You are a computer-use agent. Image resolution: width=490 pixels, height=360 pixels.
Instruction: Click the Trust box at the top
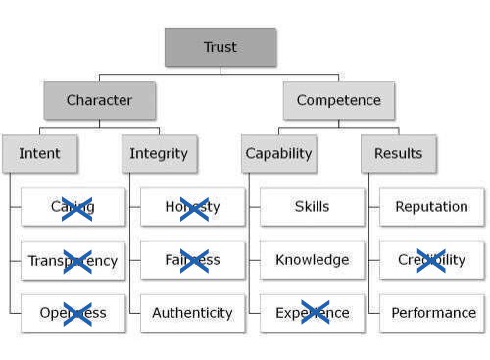coord(220,47)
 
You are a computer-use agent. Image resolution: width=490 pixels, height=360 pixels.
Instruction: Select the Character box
coord(100,100)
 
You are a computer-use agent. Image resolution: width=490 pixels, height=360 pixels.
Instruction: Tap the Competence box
coord(339,100)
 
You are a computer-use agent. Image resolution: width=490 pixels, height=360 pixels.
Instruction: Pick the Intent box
coord(39,153)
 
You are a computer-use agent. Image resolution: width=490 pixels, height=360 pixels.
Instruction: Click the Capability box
coord(279,153)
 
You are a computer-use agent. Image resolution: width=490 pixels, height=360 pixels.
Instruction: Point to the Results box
coord(398,153)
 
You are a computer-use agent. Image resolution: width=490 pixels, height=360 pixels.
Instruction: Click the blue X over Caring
coord(76,208)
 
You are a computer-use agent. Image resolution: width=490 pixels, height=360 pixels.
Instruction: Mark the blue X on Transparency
coord(76,261)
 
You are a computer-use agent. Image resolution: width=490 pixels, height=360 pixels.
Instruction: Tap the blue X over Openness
coord(76,314)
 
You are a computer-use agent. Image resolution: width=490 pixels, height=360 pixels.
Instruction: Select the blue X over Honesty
coord(194,208)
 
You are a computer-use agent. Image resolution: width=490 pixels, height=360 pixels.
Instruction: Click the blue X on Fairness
coord(194,261)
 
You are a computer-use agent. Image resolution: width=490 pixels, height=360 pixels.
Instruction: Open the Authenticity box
coord(192,313)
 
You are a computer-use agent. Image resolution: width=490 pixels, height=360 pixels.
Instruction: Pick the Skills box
coord(312,207)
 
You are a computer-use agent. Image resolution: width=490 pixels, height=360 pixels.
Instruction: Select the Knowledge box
coord(312,260)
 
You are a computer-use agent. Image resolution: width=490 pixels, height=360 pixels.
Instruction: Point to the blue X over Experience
coord(315,313)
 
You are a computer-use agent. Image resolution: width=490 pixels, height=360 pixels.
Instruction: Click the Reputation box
coord(431,207)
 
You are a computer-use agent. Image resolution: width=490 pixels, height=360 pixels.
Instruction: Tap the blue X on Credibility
coord(431,260)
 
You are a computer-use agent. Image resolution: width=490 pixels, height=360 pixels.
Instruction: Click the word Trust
coord(220,47)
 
